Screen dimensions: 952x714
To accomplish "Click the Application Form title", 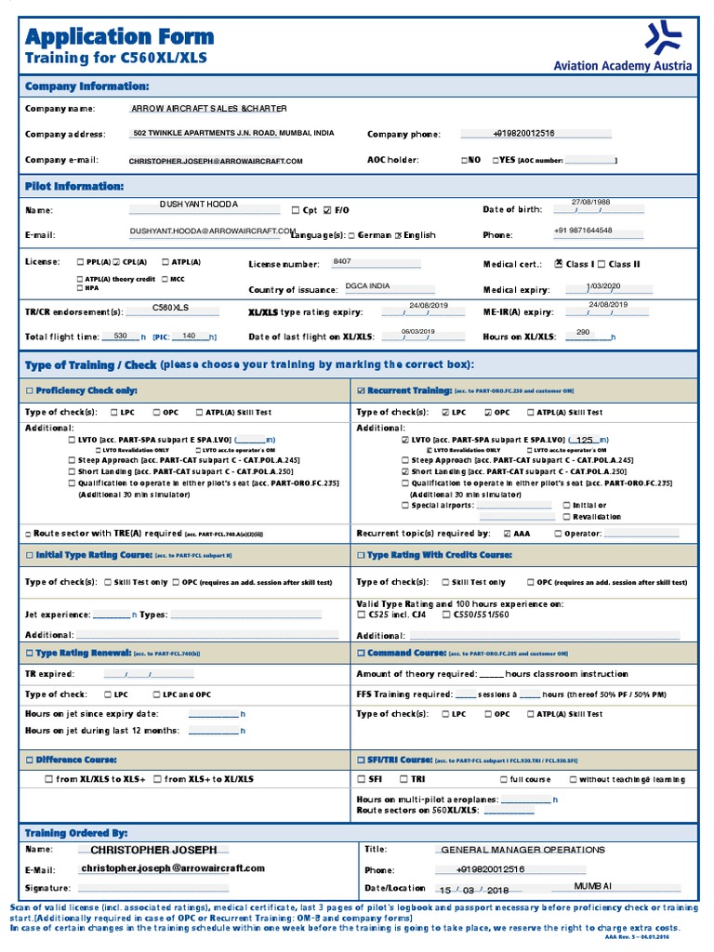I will click(x=119, y=37).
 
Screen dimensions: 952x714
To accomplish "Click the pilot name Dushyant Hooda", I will click(x=199, y=204).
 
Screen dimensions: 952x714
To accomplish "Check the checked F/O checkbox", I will click(x=327, y=210).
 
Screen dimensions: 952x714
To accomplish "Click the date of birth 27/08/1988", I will click(x=590, y=202).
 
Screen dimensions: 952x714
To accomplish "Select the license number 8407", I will click(x=342, y=262).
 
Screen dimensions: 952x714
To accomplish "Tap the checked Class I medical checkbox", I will click(x=558, y=264).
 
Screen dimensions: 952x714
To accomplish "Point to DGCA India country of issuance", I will click(x=367, y=286).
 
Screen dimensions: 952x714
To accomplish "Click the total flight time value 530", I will click(x=120, y=336).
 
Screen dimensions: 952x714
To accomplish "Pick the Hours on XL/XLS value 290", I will click(x=583, y=332).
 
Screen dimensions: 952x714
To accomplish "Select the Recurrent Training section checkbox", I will click(x=362, y=391).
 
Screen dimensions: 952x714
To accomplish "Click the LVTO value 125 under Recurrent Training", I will click(x=585, y=440).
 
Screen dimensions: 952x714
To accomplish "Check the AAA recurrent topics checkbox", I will click(x=507, y=535).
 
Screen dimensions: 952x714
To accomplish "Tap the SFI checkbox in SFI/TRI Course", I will click(x=362, y=779).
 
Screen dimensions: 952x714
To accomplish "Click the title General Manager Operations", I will click(x=522, y=850).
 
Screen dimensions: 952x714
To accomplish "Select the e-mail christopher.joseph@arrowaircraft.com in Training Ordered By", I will click(x=172, y=868).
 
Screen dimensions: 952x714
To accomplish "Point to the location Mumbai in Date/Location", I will click(x=593, y=888).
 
